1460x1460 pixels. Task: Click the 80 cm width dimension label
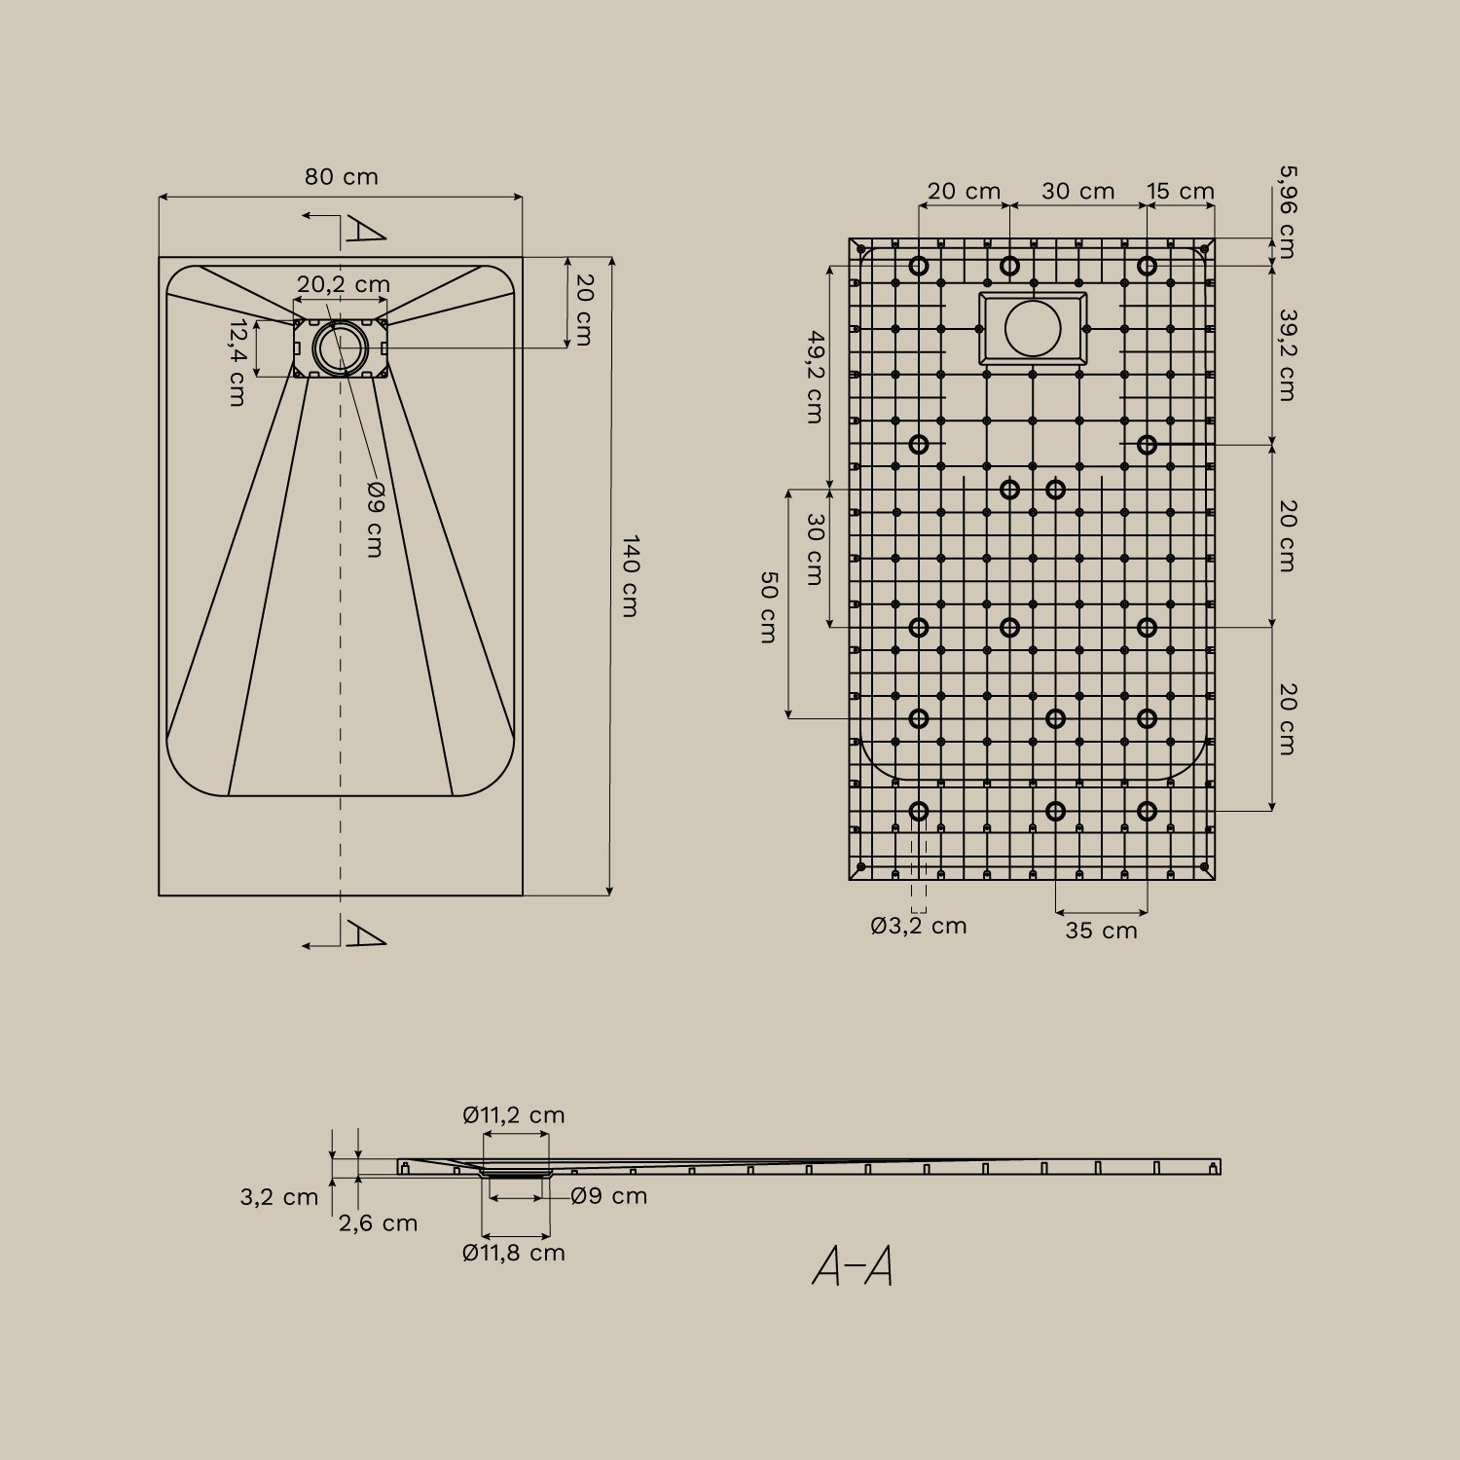tap(341, 177)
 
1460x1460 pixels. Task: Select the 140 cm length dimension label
tap(630, 575)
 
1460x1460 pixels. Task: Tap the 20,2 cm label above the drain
tap(343, 284)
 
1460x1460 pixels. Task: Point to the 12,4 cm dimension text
tap(237, 362)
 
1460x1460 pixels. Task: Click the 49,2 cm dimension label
tap(815, 377)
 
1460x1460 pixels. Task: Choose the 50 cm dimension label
tap(768, 607)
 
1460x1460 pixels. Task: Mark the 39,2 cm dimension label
tap(1287, 355)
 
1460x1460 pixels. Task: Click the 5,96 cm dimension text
tap(1287, 211)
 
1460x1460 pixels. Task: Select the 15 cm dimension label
tap(1180, 192)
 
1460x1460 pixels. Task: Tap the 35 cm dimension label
tap(1101, 931)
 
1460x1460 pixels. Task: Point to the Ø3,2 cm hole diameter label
tap(918, 926)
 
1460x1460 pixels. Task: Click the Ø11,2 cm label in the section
tap(514, 1115)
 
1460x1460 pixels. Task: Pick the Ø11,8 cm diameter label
tap(514, 1253)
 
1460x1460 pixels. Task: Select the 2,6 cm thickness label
tap(378, 1223)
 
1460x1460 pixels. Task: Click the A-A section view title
tap(853, 1266)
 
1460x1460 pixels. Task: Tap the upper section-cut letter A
tap(366, 231)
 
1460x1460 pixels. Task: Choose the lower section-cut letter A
tap(366, 935)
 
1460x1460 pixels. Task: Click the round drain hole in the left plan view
tap(341, 347)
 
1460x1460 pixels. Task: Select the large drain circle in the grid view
tap(1033, 328)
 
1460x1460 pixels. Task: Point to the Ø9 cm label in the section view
tap(609, 1196)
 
